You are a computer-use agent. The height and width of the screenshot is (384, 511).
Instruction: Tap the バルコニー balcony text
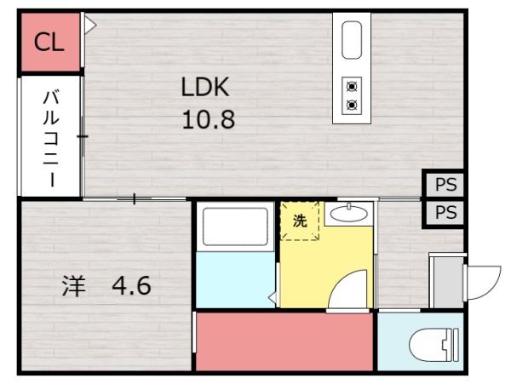[50, 136]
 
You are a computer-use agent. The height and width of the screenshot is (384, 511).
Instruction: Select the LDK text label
[205, 87]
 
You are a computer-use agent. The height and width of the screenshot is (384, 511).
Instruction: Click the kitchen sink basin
[352, 40]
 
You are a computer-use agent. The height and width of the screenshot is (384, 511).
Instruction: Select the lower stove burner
[352, 105]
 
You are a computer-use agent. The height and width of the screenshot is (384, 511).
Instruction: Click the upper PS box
[445, 185]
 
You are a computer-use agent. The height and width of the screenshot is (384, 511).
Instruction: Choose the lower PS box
[445, 213]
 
